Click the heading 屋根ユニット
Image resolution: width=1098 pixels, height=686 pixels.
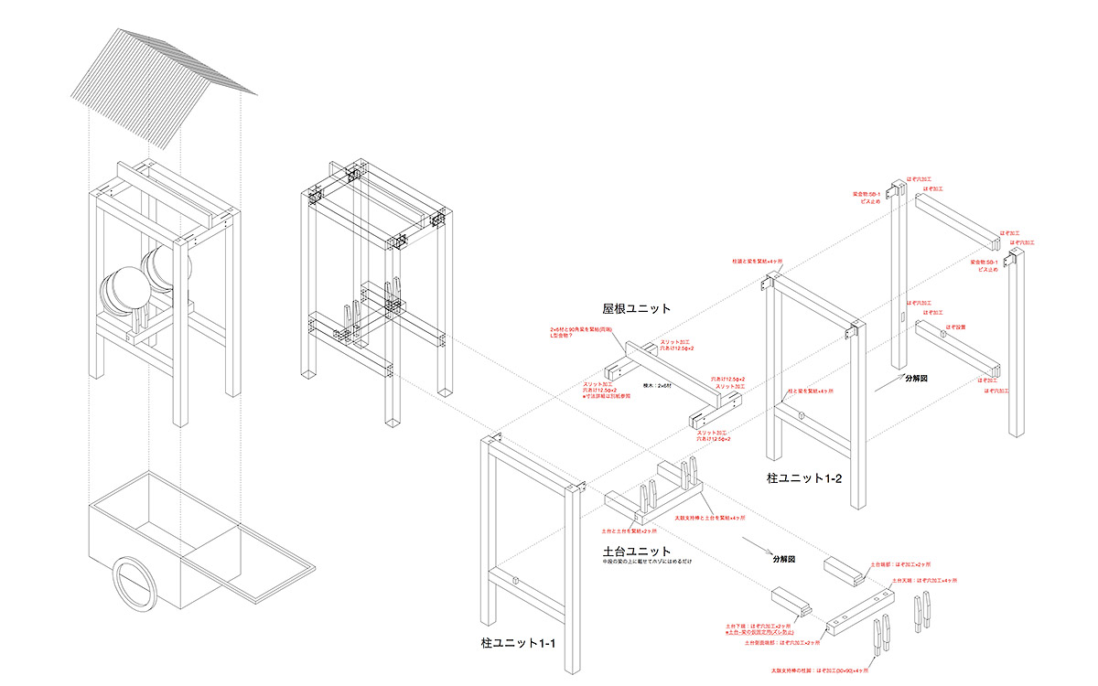tap(635, 308)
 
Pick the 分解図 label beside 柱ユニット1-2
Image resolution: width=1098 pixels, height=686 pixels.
tap(915, 377)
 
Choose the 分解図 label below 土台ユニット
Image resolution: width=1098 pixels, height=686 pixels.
tap(784, 558)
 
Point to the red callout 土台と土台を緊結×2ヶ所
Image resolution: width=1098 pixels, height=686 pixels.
tap(630, 531)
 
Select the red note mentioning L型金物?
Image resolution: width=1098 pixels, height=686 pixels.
tap(574, 333)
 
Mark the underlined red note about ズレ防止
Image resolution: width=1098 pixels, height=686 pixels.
tap(759, 632)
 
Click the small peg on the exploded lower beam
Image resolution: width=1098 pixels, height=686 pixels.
tap(942, 334)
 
